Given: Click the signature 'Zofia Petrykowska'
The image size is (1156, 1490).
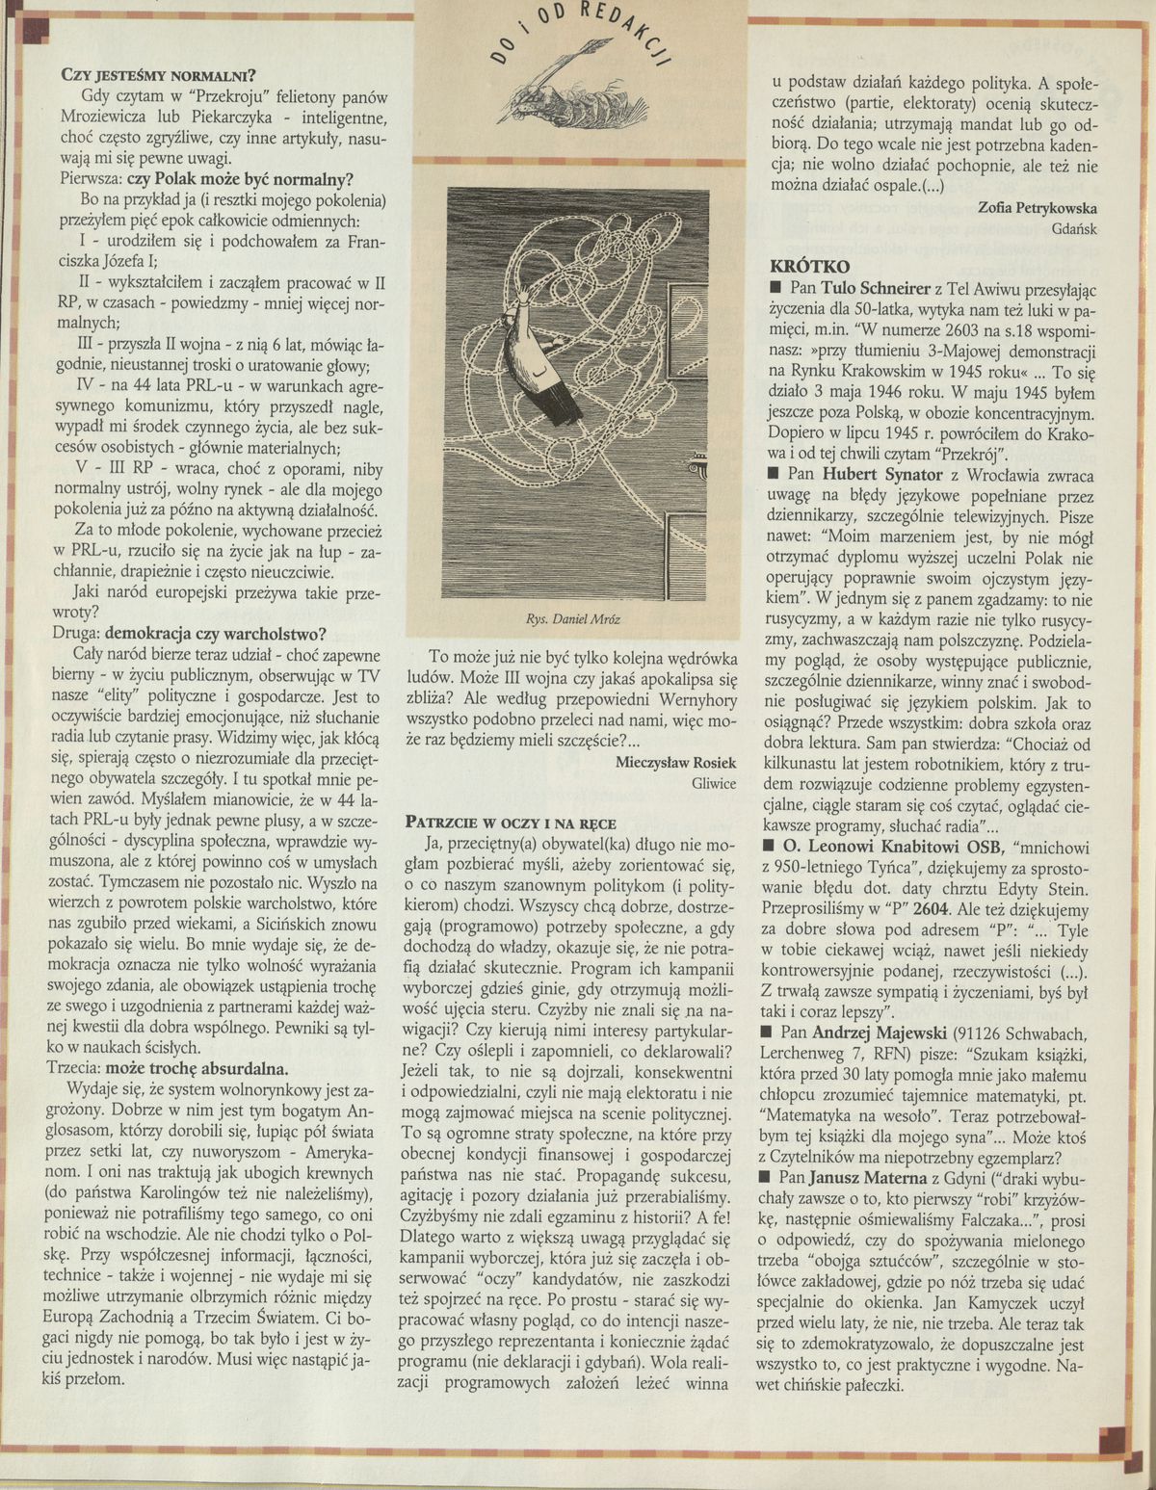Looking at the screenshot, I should coord(1037,208).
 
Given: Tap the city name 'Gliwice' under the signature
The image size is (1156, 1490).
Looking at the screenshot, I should coord(713,783).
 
